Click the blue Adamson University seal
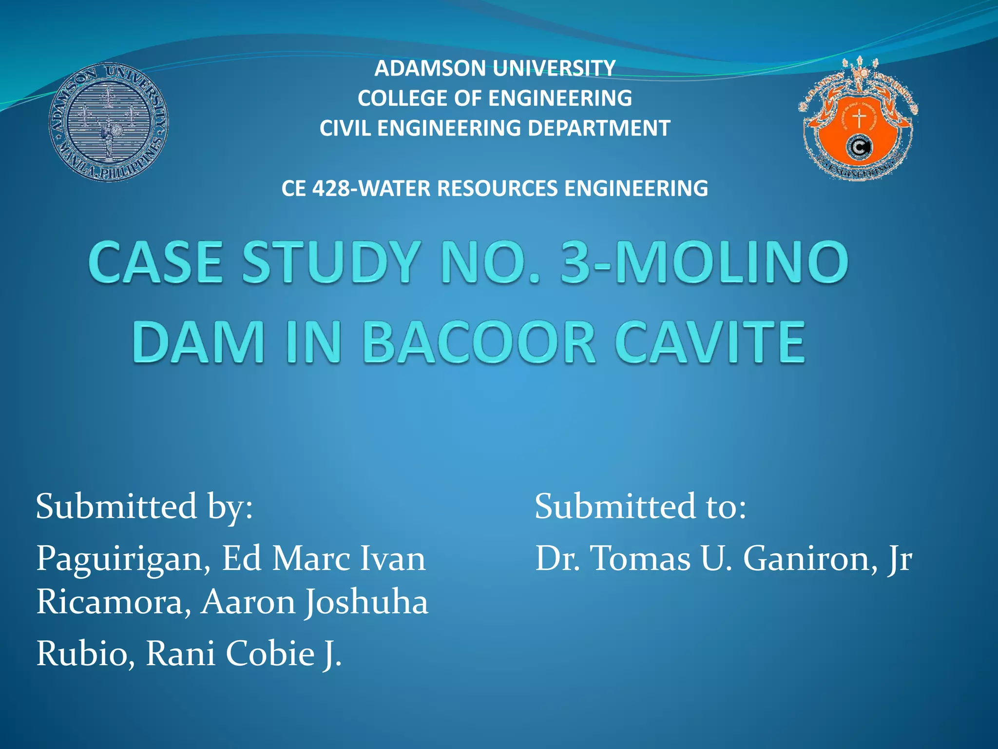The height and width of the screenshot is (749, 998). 109,123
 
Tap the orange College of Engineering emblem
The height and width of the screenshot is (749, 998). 859,120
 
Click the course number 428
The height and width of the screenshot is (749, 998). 331,188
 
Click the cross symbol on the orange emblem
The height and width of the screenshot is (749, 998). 859,119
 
